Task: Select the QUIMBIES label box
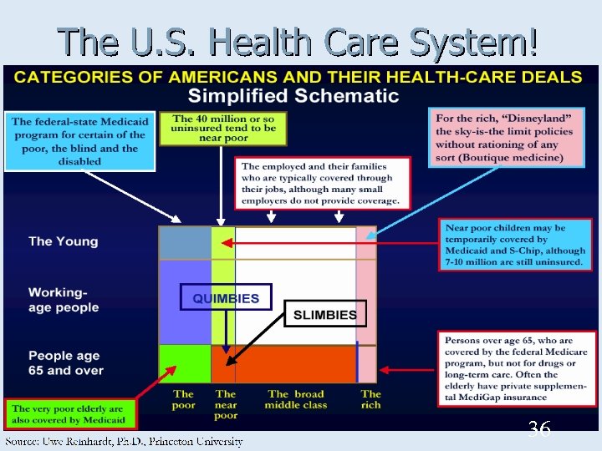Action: point(226,297)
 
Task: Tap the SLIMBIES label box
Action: point(324,315)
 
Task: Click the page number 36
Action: point(539,430)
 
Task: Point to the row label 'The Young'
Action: point(64,241)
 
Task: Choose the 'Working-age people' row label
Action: point(64,301)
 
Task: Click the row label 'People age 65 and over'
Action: point(66,363)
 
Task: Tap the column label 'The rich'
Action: point(370,399)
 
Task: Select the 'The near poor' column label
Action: point(226,404)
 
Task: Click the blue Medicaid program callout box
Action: point(79,141)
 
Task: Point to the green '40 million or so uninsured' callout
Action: point(224,128)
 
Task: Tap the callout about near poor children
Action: point(515,245)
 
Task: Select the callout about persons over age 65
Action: point(515,369)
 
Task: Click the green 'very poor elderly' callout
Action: point(69,413)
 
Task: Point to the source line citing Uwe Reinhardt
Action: point(125,441)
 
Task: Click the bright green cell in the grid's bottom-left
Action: point(185,364)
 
